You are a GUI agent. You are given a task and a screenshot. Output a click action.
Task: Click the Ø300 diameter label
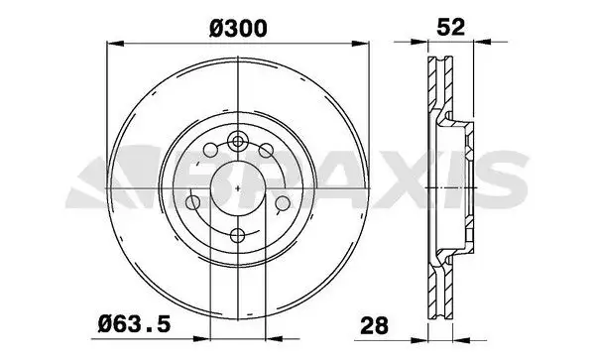pos(238,29)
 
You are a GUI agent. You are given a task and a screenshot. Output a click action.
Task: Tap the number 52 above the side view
pos(450,27)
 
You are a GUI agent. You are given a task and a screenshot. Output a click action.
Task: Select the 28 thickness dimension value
pos(375,325)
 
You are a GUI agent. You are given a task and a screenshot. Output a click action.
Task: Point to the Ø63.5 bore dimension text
pos(134,324)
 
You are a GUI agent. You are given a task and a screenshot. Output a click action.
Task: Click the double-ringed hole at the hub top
pos(238,142)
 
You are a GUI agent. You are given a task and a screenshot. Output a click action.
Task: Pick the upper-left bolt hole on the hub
pos(210,149)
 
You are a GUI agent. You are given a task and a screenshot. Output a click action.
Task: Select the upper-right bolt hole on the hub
pos(266,150)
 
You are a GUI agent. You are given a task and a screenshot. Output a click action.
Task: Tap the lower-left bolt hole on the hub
pos(193,202)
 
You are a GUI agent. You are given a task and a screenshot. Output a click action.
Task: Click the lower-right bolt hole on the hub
pos(283,203)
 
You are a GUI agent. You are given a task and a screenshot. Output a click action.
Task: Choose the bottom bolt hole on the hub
pos(238,235)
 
